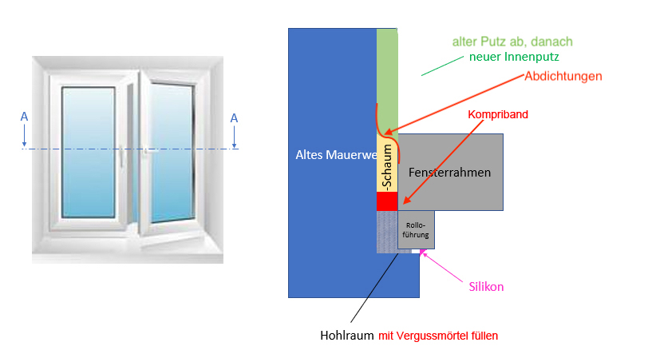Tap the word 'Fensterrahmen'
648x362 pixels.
click(x=449, y=172)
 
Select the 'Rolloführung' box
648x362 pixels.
click(x=417, y=229)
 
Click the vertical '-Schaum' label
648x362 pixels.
click(x=386, y=173)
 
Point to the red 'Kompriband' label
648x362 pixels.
click(x=498, y=114)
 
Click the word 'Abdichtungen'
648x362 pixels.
click(x=563, y=76)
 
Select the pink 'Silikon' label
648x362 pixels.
click(x=486, y=286)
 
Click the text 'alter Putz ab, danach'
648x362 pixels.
click(x=512, y=41)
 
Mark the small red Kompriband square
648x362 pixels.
click(x=386, y=201)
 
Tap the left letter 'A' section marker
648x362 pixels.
click(x=24, y=117)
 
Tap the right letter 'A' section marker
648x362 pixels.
click(x=234, y=118)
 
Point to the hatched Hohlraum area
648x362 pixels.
click(x=386, y=233)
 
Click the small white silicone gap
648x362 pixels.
click(x=417, y=251)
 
